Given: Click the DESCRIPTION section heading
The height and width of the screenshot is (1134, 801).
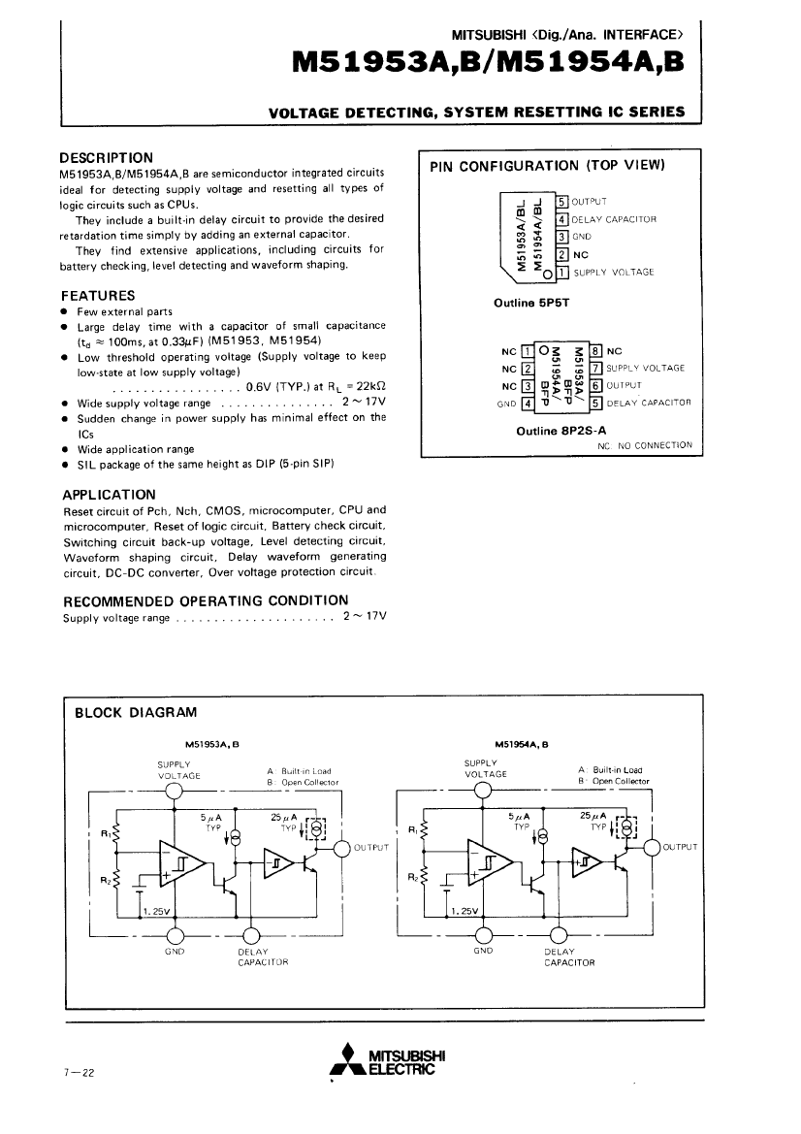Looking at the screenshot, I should coord(107,156).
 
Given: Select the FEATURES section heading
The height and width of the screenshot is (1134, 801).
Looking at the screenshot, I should coord(97,295).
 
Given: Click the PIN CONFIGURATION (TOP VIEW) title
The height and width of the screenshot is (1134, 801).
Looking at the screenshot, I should coord(547,165).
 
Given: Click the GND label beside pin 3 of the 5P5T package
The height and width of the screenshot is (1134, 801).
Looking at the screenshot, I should coord(581,237).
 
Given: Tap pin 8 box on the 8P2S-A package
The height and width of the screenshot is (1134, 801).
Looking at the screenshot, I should coord(595,351).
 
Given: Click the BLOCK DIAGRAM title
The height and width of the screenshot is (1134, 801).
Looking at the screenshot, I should coord(136,713).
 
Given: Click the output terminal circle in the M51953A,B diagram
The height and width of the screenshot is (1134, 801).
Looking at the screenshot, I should coord(341,849).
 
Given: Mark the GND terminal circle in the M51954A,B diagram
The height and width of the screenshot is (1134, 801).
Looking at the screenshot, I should coord(482,935).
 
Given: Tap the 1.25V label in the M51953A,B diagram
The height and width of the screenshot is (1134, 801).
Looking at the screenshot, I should coord(154,911).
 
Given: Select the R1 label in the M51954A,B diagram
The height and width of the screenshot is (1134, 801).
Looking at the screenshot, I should coord(414,829).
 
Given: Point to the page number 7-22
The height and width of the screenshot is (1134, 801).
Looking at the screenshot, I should coord(79,1073).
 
